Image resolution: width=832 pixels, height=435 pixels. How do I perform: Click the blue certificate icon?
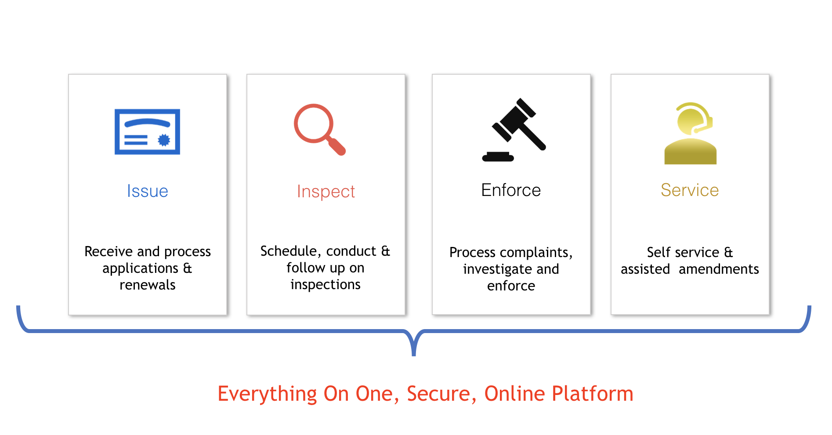click(147, 132)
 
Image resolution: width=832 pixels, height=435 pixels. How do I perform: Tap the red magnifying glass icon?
click(319, 130)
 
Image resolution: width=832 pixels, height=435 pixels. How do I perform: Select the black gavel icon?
click(514, 130)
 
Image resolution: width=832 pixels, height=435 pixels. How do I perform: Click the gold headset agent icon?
click(690, 134)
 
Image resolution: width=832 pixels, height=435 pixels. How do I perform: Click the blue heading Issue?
click(148, 191)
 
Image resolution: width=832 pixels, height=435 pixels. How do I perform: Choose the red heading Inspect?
click(326, 192)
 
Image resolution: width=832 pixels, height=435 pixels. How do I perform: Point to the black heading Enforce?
click(511, 190)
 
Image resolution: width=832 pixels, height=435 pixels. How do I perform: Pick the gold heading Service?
click(690, 190)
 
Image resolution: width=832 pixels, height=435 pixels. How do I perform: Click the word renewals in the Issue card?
click(148, 285)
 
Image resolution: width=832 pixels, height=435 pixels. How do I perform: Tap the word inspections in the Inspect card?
click(326, 285)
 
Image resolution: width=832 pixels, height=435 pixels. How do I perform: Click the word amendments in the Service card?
click(719, 269)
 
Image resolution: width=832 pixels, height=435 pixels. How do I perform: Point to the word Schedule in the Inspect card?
click(291, 251)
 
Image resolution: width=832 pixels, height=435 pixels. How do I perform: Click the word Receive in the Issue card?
click(109, 251)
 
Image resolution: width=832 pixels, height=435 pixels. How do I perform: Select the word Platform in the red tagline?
click(593, 394)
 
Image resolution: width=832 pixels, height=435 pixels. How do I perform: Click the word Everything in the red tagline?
click(267, 394)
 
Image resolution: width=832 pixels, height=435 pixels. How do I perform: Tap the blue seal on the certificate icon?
click(164, 140)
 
